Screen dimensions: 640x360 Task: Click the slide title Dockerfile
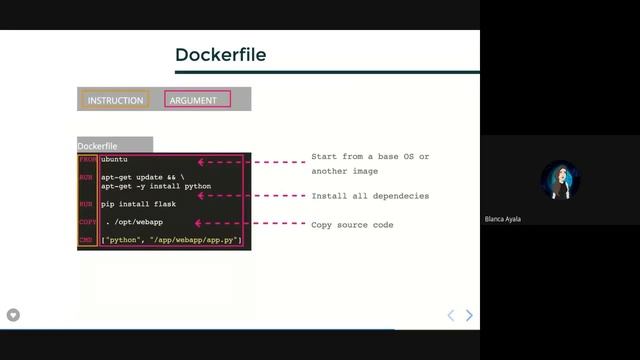point(220,55)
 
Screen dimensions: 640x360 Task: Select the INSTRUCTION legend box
point(115,100)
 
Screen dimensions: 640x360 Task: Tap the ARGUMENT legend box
point(196,100)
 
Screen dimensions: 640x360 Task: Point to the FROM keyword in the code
point(88,160)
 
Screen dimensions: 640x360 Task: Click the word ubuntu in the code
point(115,160)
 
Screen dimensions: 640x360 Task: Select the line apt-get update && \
point(144,177)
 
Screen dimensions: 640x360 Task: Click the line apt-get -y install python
point(156,186)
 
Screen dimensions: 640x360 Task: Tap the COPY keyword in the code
point(88,222)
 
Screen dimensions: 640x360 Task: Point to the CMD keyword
point(88,240)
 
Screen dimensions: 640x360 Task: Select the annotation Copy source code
point(352,225)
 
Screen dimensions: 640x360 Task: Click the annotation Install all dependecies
point(370,196)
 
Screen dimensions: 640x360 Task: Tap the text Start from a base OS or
point(370,157)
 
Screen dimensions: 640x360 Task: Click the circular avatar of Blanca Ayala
point(560,180)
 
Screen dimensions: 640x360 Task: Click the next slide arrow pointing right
point(469,315)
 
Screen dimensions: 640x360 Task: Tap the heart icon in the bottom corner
point(13,315)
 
